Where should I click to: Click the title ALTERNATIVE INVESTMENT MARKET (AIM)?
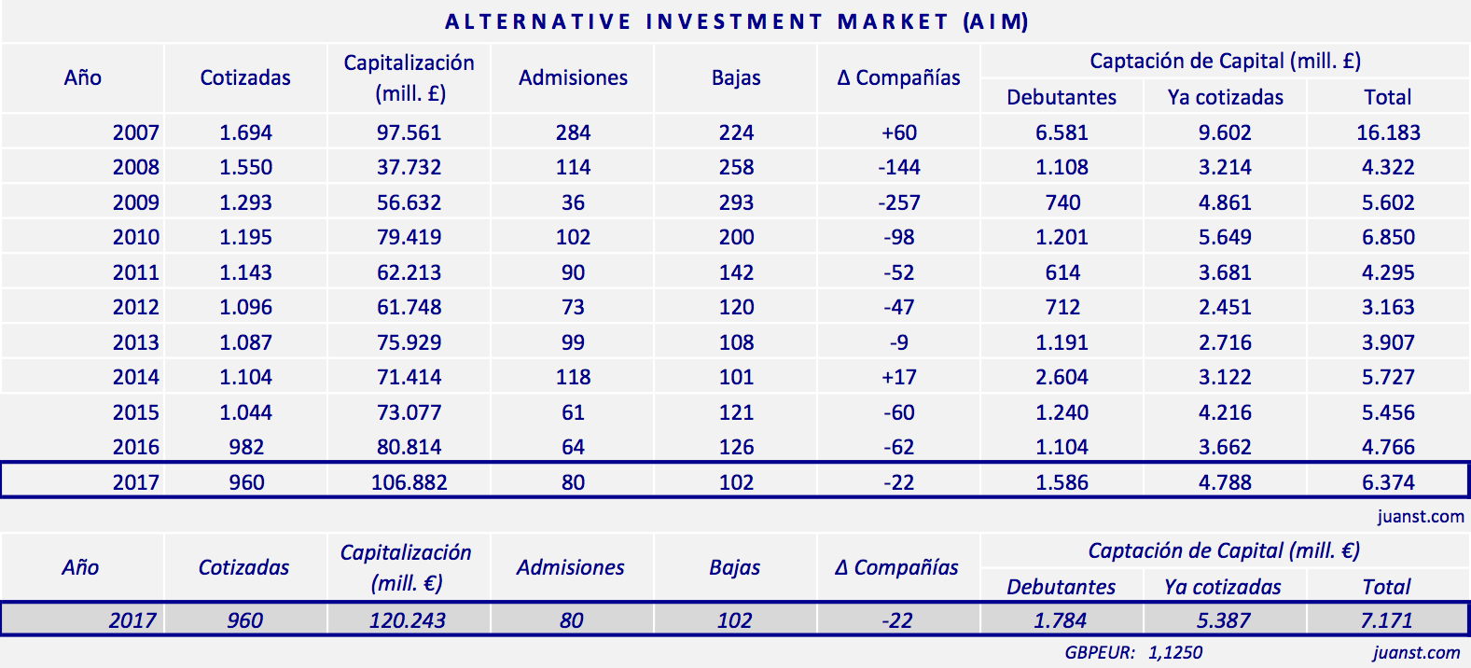[736, 21]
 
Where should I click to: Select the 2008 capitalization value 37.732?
[409, 168]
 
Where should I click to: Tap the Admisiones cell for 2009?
[573, 202]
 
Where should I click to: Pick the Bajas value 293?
[736, 202]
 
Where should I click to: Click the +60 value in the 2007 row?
[899, 132]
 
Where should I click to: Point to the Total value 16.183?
[1388, 132]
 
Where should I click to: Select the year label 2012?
[136, 308]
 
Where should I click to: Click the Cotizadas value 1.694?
[246, 132]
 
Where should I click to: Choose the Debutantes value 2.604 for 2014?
[1062, 378]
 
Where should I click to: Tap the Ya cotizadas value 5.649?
[1225, 238]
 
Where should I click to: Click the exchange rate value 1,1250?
[1175, 653]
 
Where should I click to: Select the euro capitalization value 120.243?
[408, 620]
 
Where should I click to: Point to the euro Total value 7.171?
[1386, 620]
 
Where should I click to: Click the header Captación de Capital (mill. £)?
[1225, 62]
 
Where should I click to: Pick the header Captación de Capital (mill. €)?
[1224, 551]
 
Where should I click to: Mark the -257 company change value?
[899, 202]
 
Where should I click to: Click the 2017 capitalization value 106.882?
[409, 483]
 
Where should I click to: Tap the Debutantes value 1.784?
[1061, 620]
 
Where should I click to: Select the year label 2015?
[136, 412]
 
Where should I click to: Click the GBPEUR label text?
[1100, 653]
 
